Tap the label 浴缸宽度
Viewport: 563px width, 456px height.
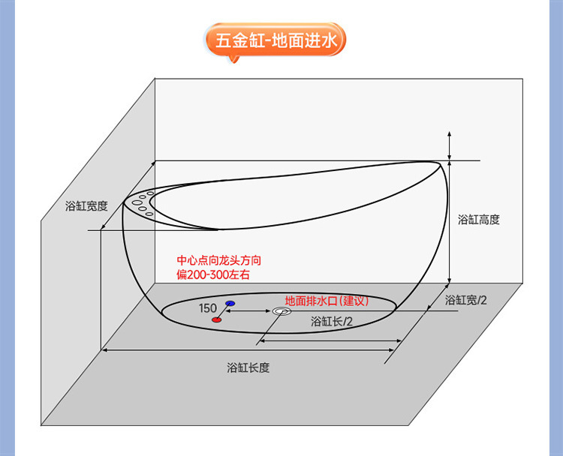(86, 205)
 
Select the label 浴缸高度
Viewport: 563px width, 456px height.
(478, 220)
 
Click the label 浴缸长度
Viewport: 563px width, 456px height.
(248, 367)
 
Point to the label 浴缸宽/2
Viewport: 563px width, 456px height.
(465, 300)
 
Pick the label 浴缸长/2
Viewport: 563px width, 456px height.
(333, 321)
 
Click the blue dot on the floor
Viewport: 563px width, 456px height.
(230, 303)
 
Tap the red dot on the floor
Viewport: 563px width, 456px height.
(216, 320)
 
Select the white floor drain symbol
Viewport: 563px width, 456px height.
(281, 311)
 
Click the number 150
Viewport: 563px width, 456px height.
(208, 308)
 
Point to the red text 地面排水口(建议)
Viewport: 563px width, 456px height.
(327, 300)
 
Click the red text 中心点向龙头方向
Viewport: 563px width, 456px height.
(218, 261)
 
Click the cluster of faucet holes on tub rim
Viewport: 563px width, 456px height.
(142, 203)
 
